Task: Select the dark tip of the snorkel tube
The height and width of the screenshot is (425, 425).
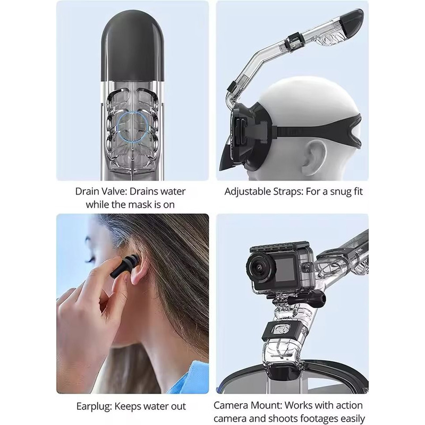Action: pyautogui.click(x=351, y=21)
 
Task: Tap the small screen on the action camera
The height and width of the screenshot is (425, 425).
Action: pyautogui.click(x=285, y=269)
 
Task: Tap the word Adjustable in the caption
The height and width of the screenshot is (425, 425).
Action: pyautogui.click(x=248, y=192)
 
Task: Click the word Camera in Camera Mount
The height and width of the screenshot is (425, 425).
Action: pyautogui.click(x=231, y=405)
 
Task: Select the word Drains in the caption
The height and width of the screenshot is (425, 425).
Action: pyautogui.click(x=144, y=191)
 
